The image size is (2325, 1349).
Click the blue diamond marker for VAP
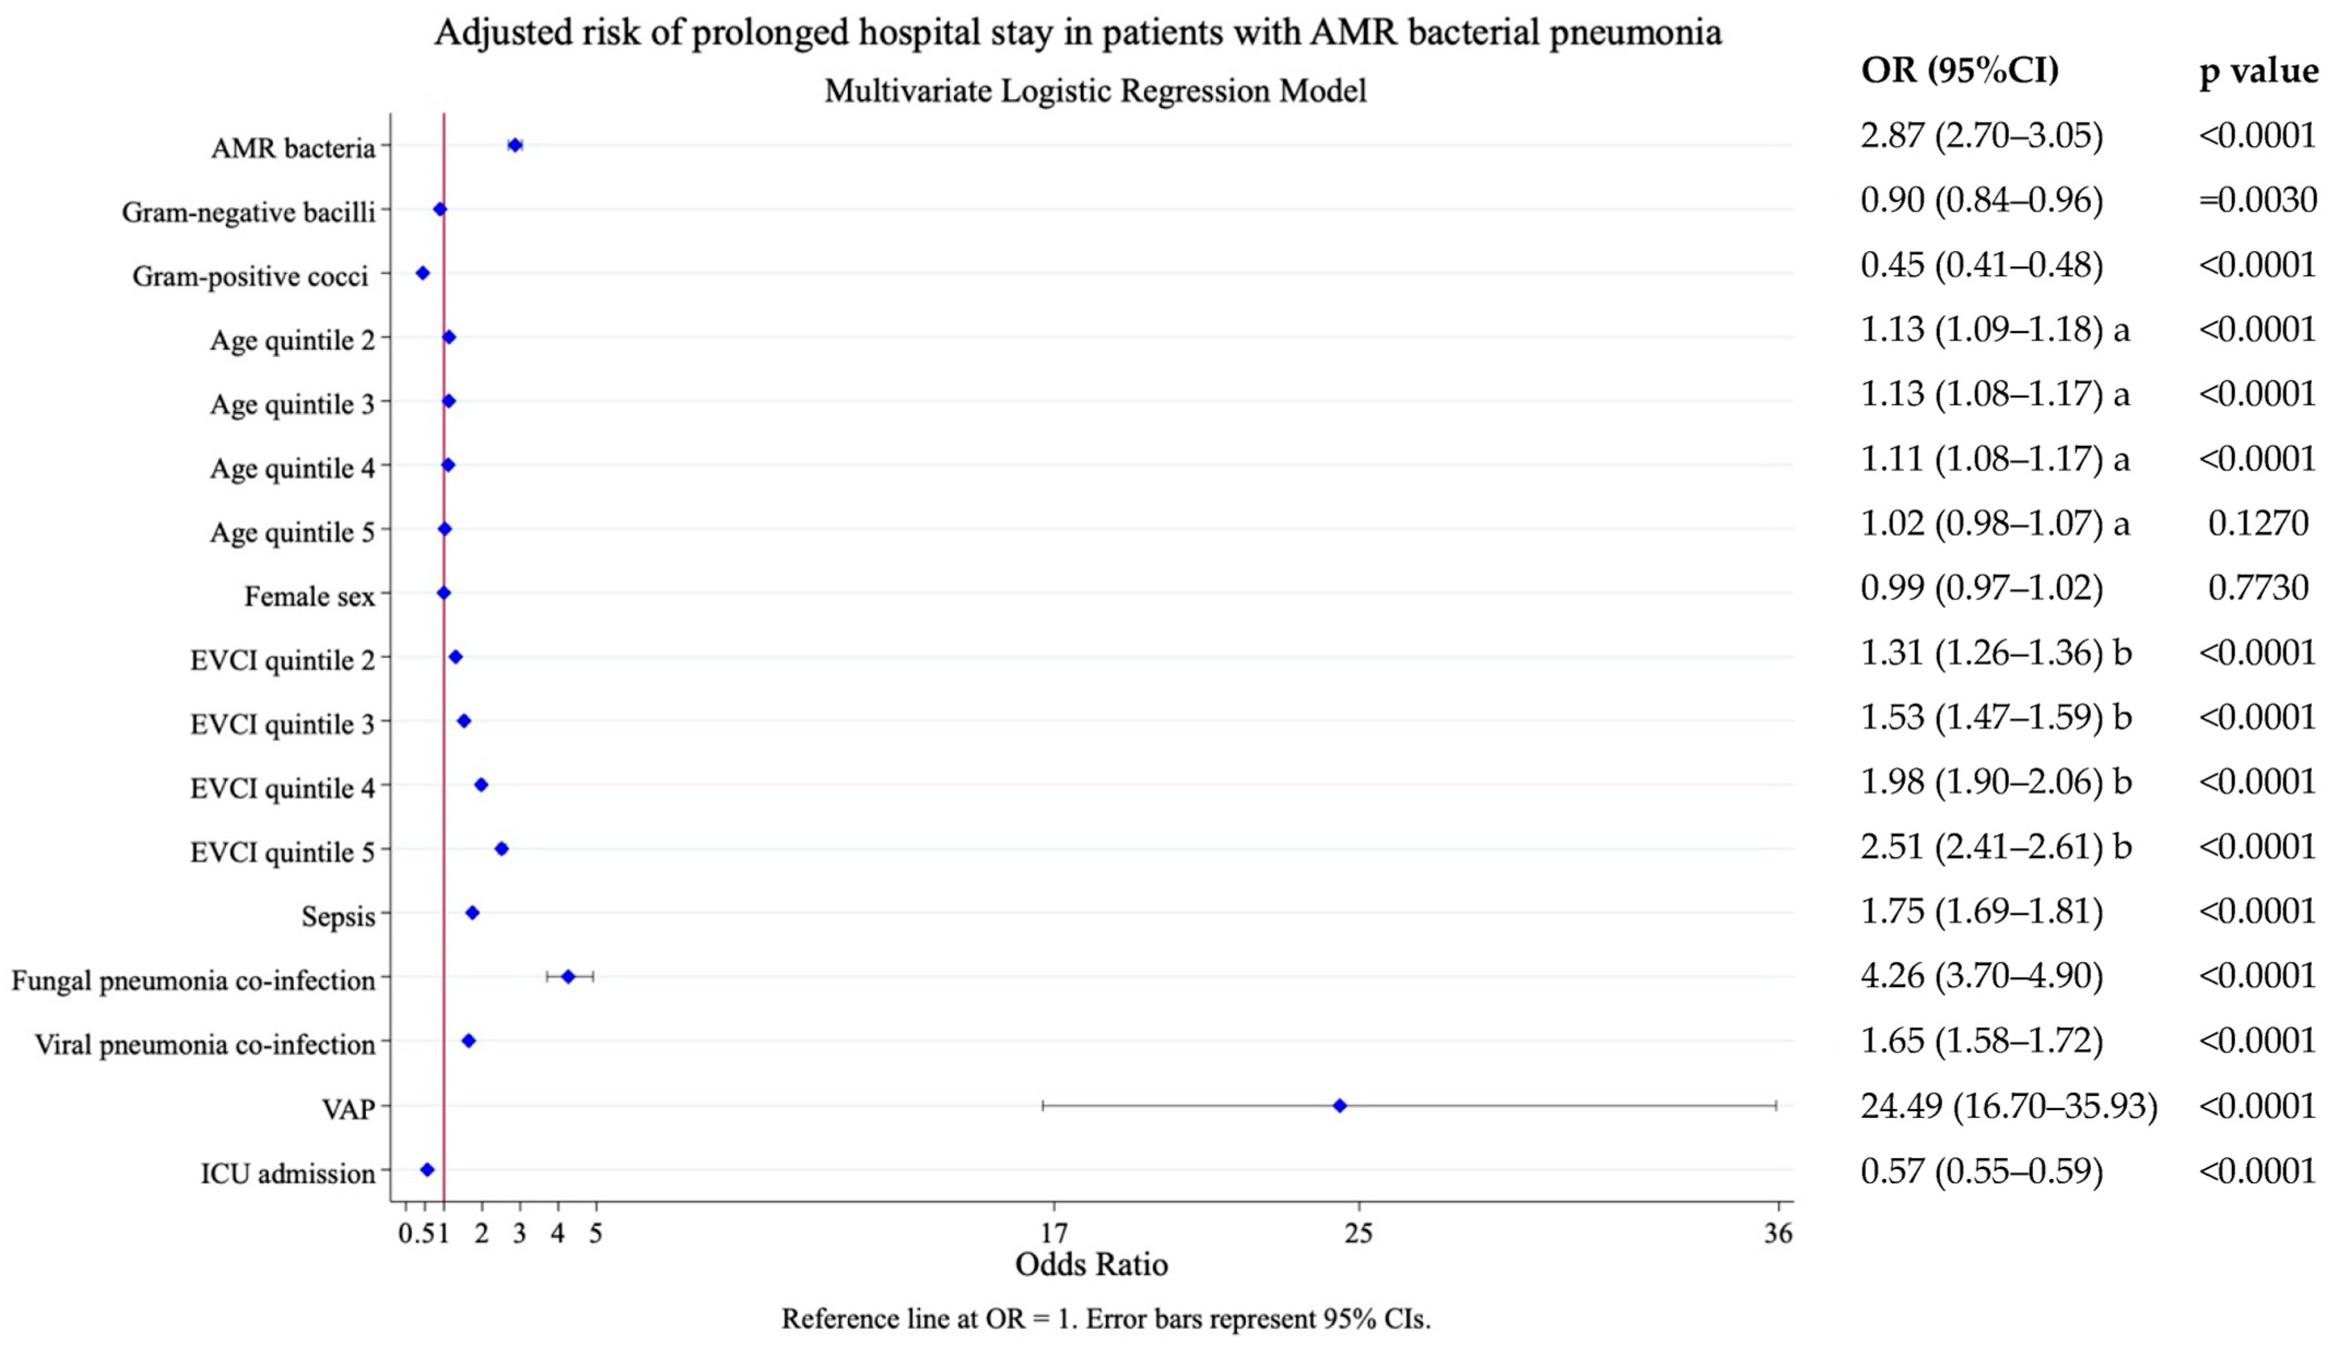(x=1340, y=1105)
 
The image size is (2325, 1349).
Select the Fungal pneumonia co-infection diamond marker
(x=568, y=976)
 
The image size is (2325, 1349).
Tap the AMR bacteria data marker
(x=515, y=145)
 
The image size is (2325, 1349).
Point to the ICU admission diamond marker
(x=427, y=1169)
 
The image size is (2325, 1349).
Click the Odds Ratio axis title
(x=1091, y=1264)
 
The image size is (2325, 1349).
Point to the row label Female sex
(x=310, y=597)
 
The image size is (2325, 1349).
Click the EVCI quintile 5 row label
(x=282, y=853)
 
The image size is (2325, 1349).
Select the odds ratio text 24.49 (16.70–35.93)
(x=2009, y=1105)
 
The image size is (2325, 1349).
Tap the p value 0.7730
(x=2258, y=588)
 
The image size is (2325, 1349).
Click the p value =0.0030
(x=2257, y=200)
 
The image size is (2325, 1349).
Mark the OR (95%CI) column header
(x=1959, y=70)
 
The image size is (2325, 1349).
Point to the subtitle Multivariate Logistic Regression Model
(x=1095, y=91)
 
